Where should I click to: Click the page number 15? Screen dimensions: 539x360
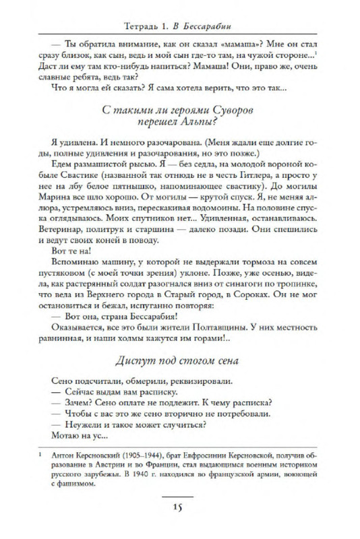[179, 507]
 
